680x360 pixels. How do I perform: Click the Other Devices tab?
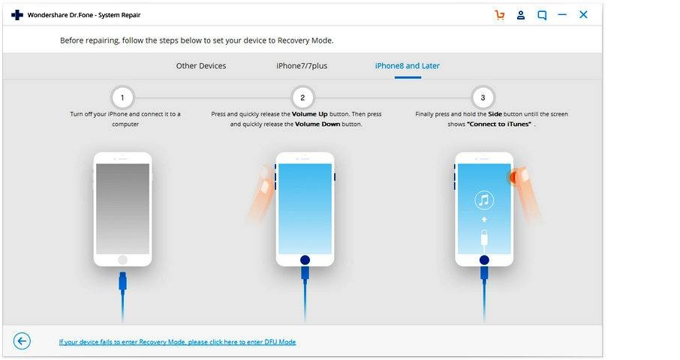(201, 66)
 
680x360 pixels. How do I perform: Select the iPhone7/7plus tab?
(302, 66)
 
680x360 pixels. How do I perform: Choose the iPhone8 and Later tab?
(408, 66)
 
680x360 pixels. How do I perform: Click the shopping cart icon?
(500, 15)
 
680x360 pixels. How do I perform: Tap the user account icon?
(521, 15)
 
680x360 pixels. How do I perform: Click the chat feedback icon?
(542, 15)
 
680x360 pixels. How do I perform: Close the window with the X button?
(583, 15)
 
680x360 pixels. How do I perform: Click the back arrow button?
(22, 341)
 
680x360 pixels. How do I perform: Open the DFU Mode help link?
(177, 342)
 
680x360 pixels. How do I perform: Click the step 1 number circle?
(122, 97)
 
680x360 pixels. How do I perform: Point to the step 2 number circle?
(302, 97)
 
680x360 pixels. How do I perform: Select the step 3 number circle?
(483, 97)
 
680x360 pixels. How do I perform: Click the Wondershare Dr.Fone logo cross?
(17, 15)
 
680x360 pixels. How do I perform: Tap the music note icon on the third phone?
(484, 199)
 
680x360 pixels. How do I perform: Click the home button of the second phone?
(305, 260)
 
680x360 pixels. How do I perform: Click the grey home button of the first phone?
(123, 260)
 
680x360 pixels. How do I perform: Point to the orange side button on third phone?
(513, 177)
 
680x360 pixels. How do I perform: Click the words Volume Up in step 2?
(310, 114)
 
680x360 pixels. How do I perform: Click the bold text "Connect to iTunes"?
(499, 124)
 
